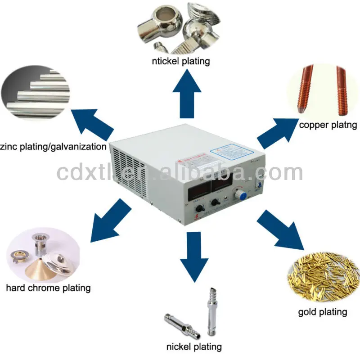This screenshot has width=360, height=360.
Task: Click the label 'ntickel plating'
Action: pos(180,61)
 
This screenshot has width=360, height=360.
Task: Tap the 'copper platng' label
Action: pos(328,125)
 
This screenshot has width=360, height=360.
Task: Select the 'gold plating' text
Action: pos(323,311)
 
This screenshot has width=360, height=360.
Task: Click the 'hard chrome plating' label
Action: pos(48,288)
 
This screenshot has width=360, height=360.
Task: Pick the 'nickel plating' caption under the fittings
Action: pos(194,346)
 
